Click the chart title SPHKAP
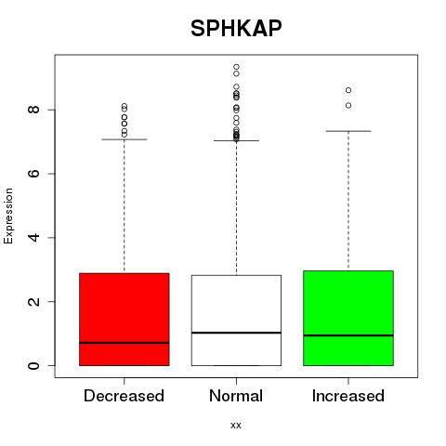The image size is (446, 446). [236, 28]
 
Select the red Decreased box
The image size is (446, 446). [125, 320]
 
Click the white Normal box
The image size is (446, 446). [236, 321]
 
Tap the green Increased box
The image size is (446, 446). [348, 318]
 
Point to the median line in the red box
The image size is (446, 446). [125, 343]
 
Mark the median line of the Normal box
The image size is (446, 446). [236, 333]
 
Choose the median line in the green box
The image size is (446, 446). [348, 335]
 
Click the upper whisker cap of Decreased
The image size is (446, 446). [125, 139]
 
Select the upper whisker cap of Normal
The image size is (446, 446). [236, 140]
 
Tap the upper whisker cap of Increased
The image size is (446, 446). [348, 131]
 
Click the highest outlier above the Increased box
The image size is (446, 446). [348, 90]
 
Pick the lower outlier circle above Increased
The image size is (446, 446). [348, 105]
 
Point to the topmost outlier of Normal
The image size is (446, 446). [236, 67]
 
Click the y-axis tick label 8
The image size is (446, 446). [33, 110]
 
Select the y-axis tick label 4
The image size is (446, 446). [33, 237]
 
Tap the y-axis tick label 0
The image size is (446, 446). [33, 365]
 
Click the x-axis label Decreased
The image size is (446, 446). [124, 396]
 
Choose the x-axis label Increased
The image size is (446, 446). [348, 396]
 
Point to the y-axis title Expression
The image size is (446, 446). [8, 216]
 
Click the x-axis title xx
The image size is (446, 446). [236, 426]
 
